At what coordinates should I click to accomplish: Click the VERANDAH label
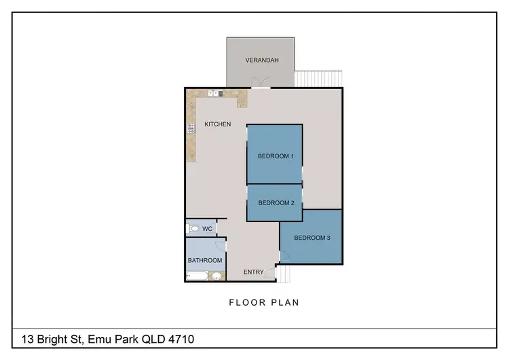[x=261, y=60]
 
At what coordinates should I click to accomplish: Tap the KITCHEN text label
[x=218, y=124]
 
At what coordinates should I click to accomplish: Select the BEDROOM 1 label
[x=276, y=156]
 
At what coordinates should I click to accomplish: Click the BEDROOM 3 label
[x=312, y=238]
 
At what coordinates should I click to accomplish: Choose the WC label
[x=207, y=229]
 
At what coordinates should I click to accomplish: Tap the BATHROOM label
[x=205, y=260]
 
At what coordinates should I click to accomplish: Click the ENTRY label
[x=253, y=272]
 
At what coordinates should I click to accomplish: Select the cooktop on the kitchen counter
[x=191, y=127]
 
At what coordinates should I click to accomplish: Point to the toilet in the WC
[x=193, y=229]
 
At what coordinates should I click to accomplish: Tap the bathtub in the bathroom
[x=197, y=276]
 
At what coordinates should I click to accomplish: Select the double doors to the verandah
[x=260, y=85]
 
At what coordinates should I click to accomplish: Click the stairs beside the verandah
[x=319, y=78]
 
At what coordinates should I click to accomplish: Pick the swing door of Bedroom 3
[x=284, y=256]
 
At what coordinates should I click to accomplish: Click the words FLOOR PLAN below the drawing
[x=264, y=302]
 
